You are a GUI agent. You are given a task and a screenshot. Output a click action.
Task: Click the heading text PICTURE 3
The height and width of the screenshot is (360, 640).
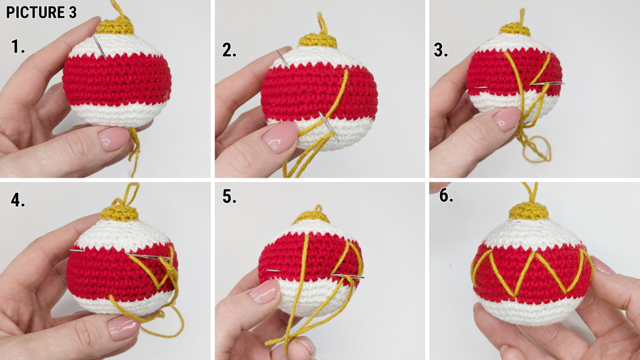click(41, 12)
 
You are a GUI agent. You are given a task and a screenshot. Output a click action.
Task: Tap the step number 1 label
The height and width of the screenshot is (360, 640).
click(18, 47)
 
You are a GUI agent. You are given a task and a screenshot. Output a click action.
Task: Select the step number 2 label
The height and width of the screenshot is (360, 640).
click(229, 50)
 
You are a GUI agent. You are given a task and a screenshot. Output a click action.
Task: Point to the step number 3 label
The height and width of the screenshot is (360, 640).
click(440, 50)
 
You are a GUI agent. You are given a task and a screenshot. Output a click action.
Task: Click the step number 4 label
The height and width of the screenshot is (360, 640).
click(18, 200)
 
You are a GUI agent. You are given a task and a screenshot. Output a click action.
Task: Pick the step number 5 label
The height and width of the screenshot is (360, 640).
click(229, 196)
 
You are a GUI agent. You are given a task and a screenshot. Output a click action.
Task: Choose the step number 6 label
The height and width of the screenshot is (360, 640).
click(446, 196)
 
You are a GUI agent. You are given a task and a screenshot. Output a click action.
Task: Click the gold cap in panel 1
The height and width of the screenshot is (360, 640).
click(116, 27)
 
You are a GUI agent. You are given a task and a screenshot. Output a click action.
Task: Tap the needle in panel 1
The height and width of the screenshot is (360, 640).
click(100, 47)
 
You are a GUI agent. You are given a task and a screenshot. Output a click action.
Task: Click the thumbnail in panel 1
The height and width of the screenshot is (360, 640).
click(114, 139)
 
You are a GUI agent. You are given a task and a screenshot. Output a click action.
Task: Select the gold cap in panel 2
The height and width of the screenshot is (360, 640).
click(318, 41)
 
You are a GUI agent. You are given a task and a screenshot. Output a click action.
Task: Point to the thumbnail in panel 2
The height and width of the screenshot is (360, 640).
click(280, 137)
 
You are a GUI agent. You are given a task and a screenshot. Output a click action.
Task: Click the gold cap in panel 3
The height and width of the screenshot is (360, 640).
click(515, 29)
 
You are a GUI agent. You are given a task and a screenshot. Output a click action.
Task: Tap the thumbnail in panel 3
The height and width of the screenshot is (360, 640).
click(507, 119)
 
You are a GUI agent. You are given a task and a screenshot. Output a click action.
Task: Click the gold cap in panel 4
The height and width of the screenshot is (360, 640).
click(119, 213)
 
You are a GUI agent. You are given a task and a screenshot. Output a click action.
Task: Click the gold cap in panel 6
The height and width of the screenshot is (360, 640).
click(528, 210)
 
